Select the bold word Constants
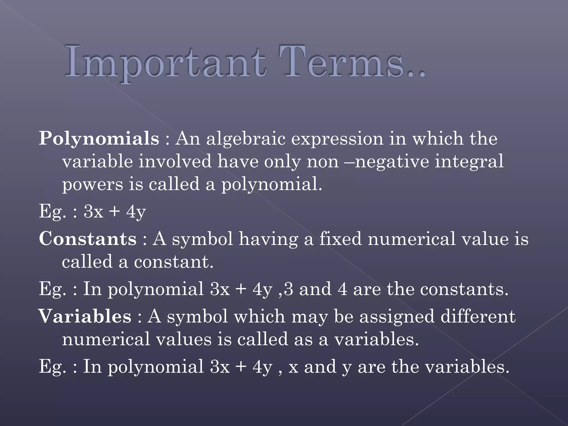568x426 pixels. (88, 239)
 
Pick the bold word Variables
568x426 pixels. (85, 316)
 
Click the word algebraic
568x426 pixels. (246, 139)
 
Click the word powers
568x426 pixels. (92, 185)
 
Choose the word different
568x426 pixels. (478, 316)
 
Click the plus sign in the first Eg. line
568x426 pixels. (115, 212)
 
